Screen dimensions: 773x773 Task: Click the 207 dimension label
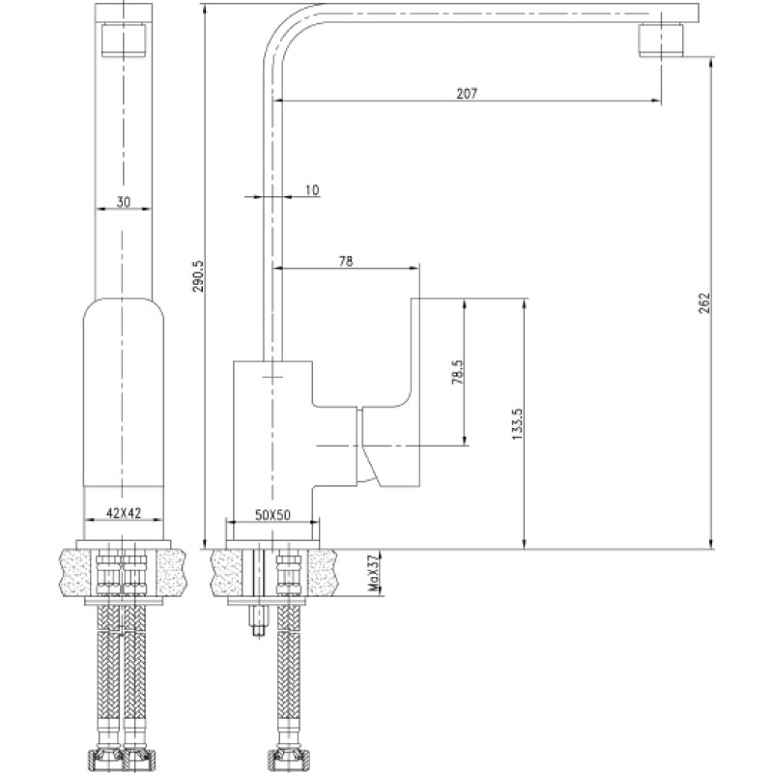point(467,93)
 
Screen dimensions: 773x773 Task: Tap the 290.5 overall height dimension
point(198,276)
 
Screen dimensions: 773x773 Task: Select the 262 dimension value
point(705,303)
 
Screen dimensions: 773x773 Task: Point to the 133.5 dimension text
point(517,423)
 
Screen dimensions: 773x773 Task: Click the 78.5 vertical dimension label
point(457,372)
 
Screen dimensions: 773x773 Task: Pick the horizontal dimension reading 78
point(346,261)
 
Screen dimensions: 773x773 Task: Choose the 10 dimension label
point(312,189)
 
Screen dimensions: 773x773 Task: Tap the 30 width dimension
point(124,202)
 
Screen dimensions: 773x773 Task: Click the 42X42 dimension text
point(124,513)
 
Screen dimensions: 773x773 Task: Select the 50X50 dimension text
point(272,515)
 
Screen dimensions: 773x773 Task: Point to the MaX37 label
point(375,573)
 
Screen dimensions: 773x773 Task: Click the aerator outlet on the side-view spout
point(662,41)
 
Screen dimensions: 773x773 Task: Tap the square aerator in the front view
point(124,41)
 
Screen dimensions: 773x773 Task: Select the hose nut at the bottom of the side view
point(285,755)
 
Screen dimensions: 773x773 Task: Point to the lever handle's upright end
point(415,350)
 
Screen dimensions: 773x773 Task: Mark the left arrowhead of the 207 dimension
point(278,100)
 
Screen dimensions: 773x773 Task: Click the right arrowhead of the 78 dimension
point(415,268)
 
